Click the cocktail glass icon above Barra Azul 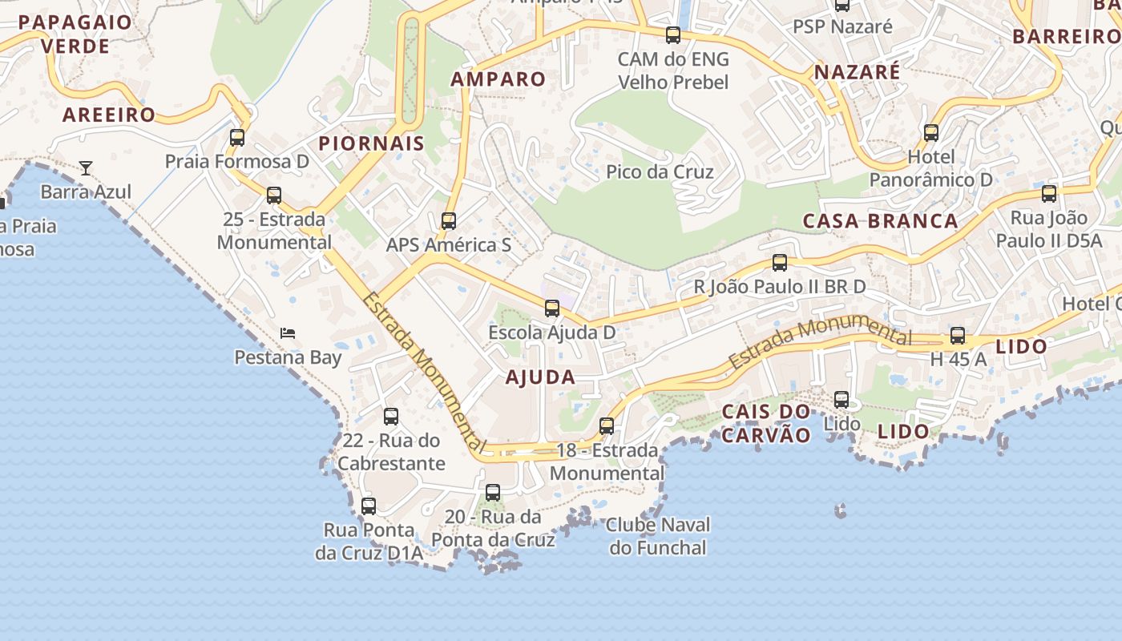pyautogui.click(x=86, y=168)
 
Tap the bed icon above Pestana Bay pyautogui.click(x=288, y=333)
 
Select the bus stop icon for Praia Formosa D pyautogui.click(x=237, y=137)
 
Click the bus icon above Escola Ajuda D pyautogui.click(x=551, y=308)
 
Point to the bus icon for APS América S pyautogui.click(x=449, y=220)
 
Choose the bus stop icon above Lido pyautogui.click(x=841, y=399)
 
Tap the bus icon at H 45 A pyautogui.click(x=958, y=336)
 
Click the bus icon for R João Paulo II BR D pyautogui.click(x=779, y=262)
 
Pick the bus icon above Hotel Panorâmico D pyautogui.click(x=931, y=132)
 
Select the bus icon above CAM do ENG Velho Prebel pyautogui.click(x=673, y=35)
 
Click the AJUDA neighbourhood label pyautogui.click(x=540, y=377)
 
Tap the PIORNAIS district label pyautogui.click(x=371, y=144)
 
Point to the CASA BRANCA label pyautogui.click(x=880, y=221)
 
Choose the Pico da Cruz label pyautogui.click(x=660, y=171)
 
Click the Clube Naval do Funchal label pyautogui.click(x=658, y=537)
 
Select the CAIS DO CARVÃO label pyautogui.click(x=766, y=423)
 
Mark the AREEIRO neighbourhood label pyautogui.click(x=109, y=115)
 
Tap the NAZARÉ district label pyautogui.click(x=857, y=72)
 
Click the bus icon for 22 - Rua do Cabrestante pyautogui.click(x=391, y=417)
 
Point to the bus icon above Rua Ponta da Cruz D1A pyautogui.click(x=369, y=506)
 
